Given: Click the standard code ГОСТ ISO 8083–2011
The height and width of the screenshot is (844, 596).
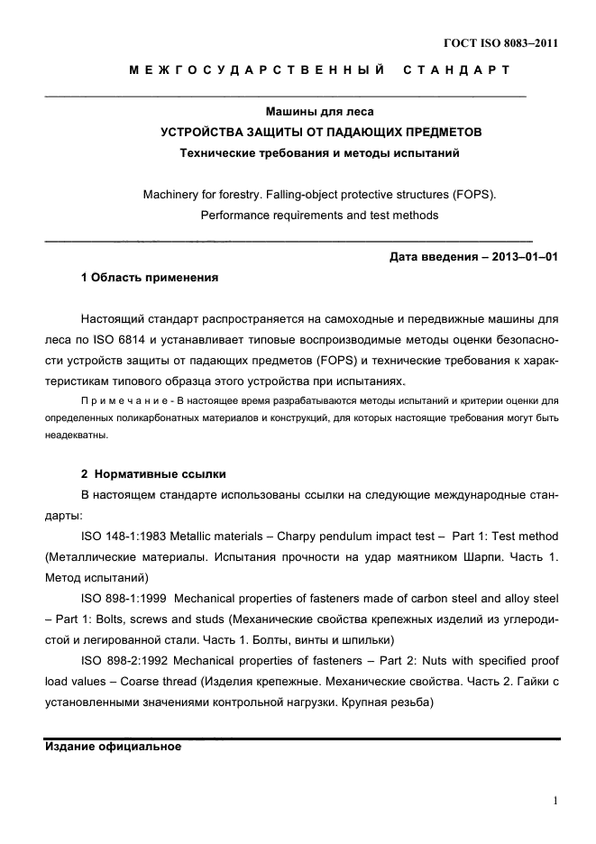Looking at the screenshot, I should point(501,41).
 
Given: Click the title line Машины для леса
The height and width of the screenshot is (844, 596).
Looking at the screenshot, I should point(319,113).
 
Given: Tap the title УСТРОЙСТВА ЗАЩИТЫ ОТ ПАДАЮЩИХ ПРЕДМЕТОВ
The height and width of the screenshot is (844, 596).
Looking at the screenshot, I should point(320,133).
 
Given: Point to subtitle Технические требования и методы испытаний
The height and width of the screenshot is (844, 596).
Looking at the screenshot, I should point(319,153).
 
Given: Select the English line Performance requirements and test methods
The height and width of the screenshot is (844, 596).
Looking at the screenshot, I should point(319,216).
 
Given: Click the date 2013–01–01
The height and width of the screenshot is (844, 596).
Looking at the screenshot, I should point(524,257).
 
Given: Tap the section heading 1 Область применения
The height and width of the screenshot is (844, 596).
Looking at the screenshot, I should point(150,278).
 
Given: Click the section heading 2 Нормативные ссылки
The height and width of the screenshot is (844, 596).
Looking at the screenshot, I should point(153,474).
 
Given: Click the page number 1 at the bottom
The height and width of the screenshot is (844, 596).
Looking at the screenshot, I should point(555,800).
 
